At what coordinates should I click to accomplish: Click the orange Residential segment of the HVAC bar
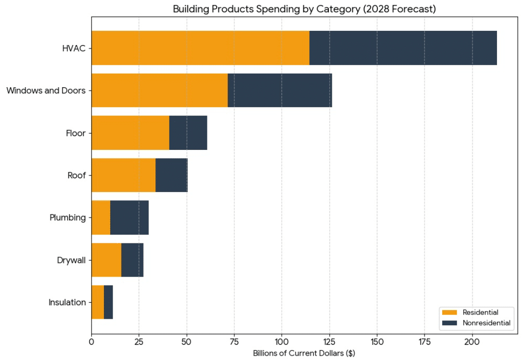[x=200, y=48]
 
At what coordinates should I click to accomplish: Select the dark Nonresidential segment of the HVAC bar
[x=403, y=48]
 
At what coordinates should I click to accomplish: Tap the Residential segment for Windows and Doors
[x=159, y=91]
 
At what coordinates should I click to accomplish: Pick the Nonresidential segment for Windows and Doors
[x=280, y=91]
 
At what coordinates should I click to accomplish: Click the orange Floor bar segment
[x=130, y=133]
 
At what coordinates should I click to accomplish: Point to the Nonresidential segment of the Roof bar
[x=172, y=175]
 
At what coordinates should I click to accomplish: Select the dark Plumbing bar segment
[x=129, y=217]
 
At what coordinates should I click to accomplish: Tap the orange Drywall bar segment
[x=106, y=260]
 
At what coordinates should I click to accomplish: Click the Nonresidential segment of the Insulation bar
[x=108, y=302]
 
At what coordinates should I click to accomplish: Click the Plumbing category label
[x=68, y=217]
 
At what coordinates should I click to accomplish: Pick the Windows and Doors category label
[x=46, y=91]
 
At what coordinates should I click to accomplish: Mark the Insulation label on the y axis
[x=67, y=302]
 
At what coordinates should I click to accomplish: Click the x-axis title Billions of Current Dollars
[x=304, y=353]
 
